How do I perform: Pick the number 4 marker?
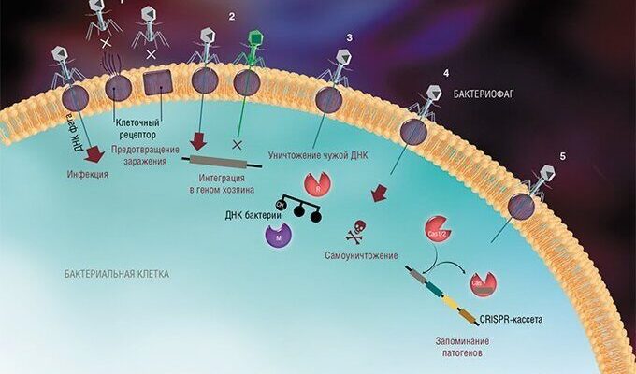(x=446, y=72)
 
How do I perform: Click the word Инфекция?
(x=88, y=174)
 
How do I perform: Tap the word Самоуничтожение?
(x=366, y=255)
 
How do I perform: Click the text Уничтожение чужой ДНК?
(x=313, y=152)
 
